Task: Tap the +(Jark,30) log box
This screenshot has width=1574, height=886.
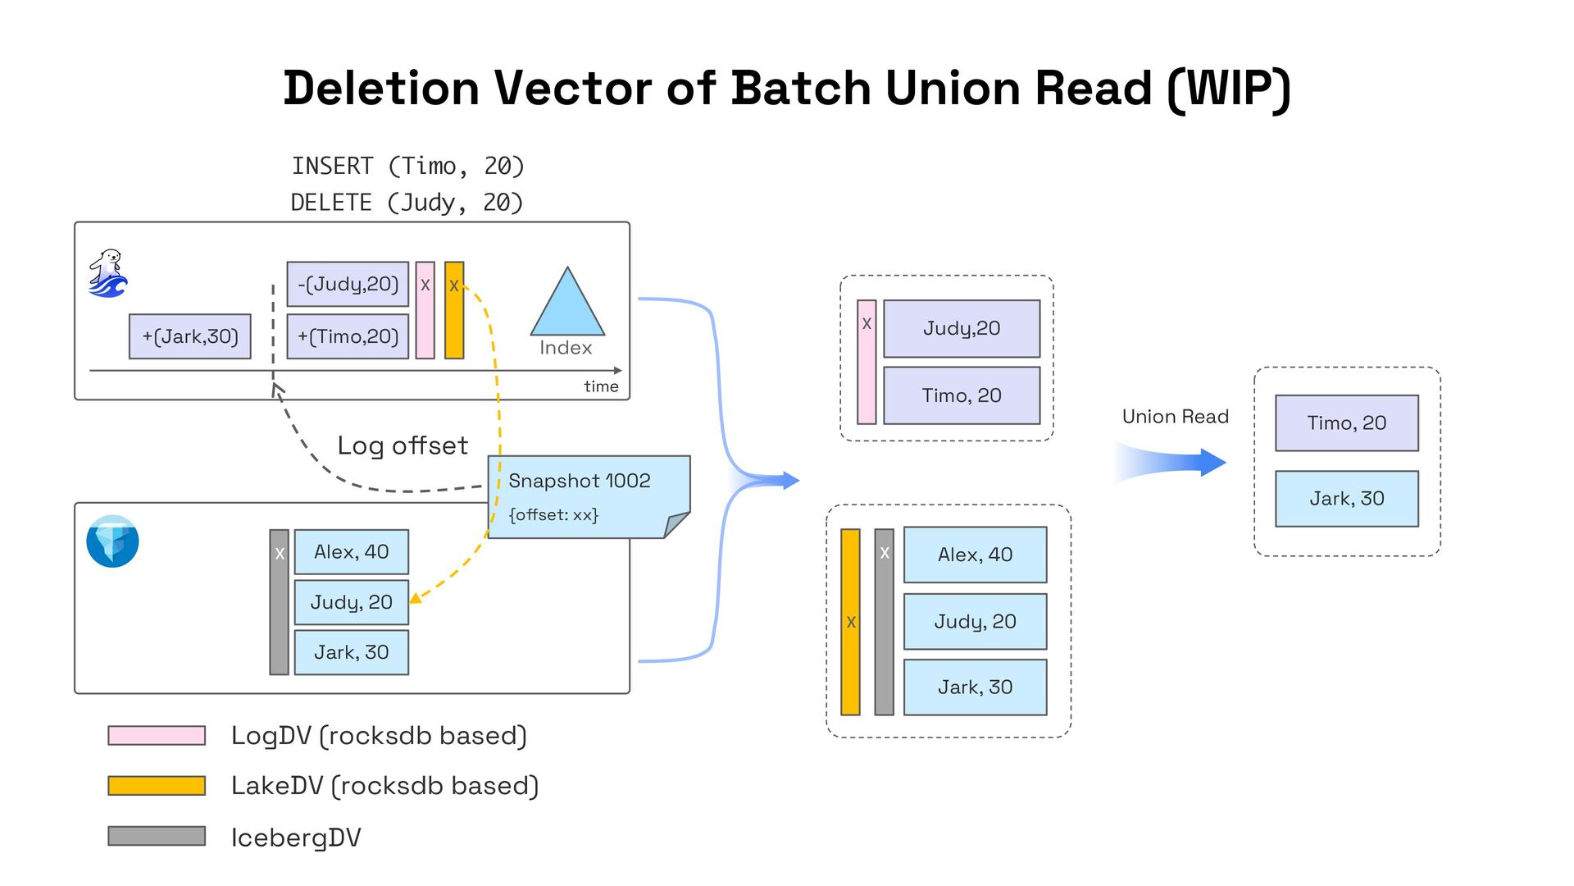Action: tap(190, 336)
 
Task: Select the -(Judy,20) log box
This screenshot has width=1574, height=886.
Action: tap(348, 284)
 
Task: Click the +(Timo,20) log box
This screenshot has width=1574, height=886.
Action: tap(348, 336)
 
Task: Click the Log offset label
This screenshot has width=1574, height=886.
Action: tap(403, 445)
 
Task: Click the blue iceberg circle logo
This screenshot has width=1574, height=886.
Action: tap(112, 541)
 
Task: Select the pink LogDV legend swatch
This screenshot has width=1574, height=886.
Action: tap(157, 735)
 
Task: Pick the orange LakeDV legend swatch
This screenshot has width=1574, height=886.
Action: tap(157, 786)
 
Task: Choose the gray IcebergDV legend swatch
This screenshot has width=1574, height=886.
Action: tap(157, 836)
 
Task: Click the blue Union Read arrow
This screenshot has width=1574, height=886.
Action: tap(1172, 463)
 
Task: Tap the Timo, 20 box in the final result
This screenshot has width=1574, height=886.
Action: tap(1346, 423)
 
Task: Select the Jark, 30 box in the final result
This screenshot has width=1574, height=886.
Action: tap(1346, 499)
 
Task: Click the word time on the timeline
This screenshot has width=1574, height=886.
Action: tap(601, 386)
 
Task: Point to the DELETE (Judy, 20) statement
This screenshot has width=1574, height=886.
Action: tap(407, 203)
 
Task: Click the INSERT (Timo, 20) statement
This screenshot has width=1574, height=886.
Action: tap(407, 167)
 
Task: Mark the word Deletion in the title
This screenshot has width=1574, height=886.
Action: tap(381, 89)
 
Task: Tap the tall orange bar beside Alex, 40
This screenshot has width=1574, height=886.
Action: tap(850, 622)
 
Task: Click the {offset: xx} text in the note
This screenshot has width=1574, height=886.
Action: tap(553, 515)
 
